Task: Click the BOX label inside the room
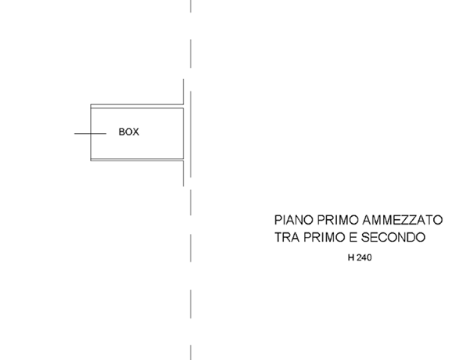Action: (129, 131)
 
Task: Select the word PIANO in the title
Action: (294, 220)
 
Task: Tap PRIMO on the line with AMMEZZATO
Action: (338, 220)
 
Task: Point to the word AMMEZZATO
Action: (403, 220)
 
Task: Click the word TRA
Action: (287, 237)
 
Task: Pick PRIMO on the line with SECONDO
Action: (325, 237)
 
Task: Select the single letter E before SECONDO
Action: (353, 237)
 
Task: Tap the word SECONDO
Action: (393, 237)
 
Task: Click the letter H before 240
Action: (351, 257)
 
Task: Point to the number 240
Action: (364, 257)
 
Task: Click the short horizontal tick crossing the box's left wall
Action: (90, 134)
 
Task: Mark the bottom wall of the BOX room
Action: (137, 160)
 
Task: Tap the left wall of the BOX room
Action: (91, 132)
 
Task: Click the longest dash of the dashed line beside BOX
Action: (191, 134)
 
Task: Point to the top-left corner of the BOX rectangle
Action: (91, 104)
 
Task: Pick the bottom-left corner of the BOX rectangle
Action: (91, 160)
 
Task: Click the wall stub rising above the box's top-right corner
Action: (184, 92)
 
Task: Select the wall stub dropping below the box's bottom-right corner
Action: (184, 174)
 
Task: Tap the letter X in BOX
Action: (136, 131)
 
